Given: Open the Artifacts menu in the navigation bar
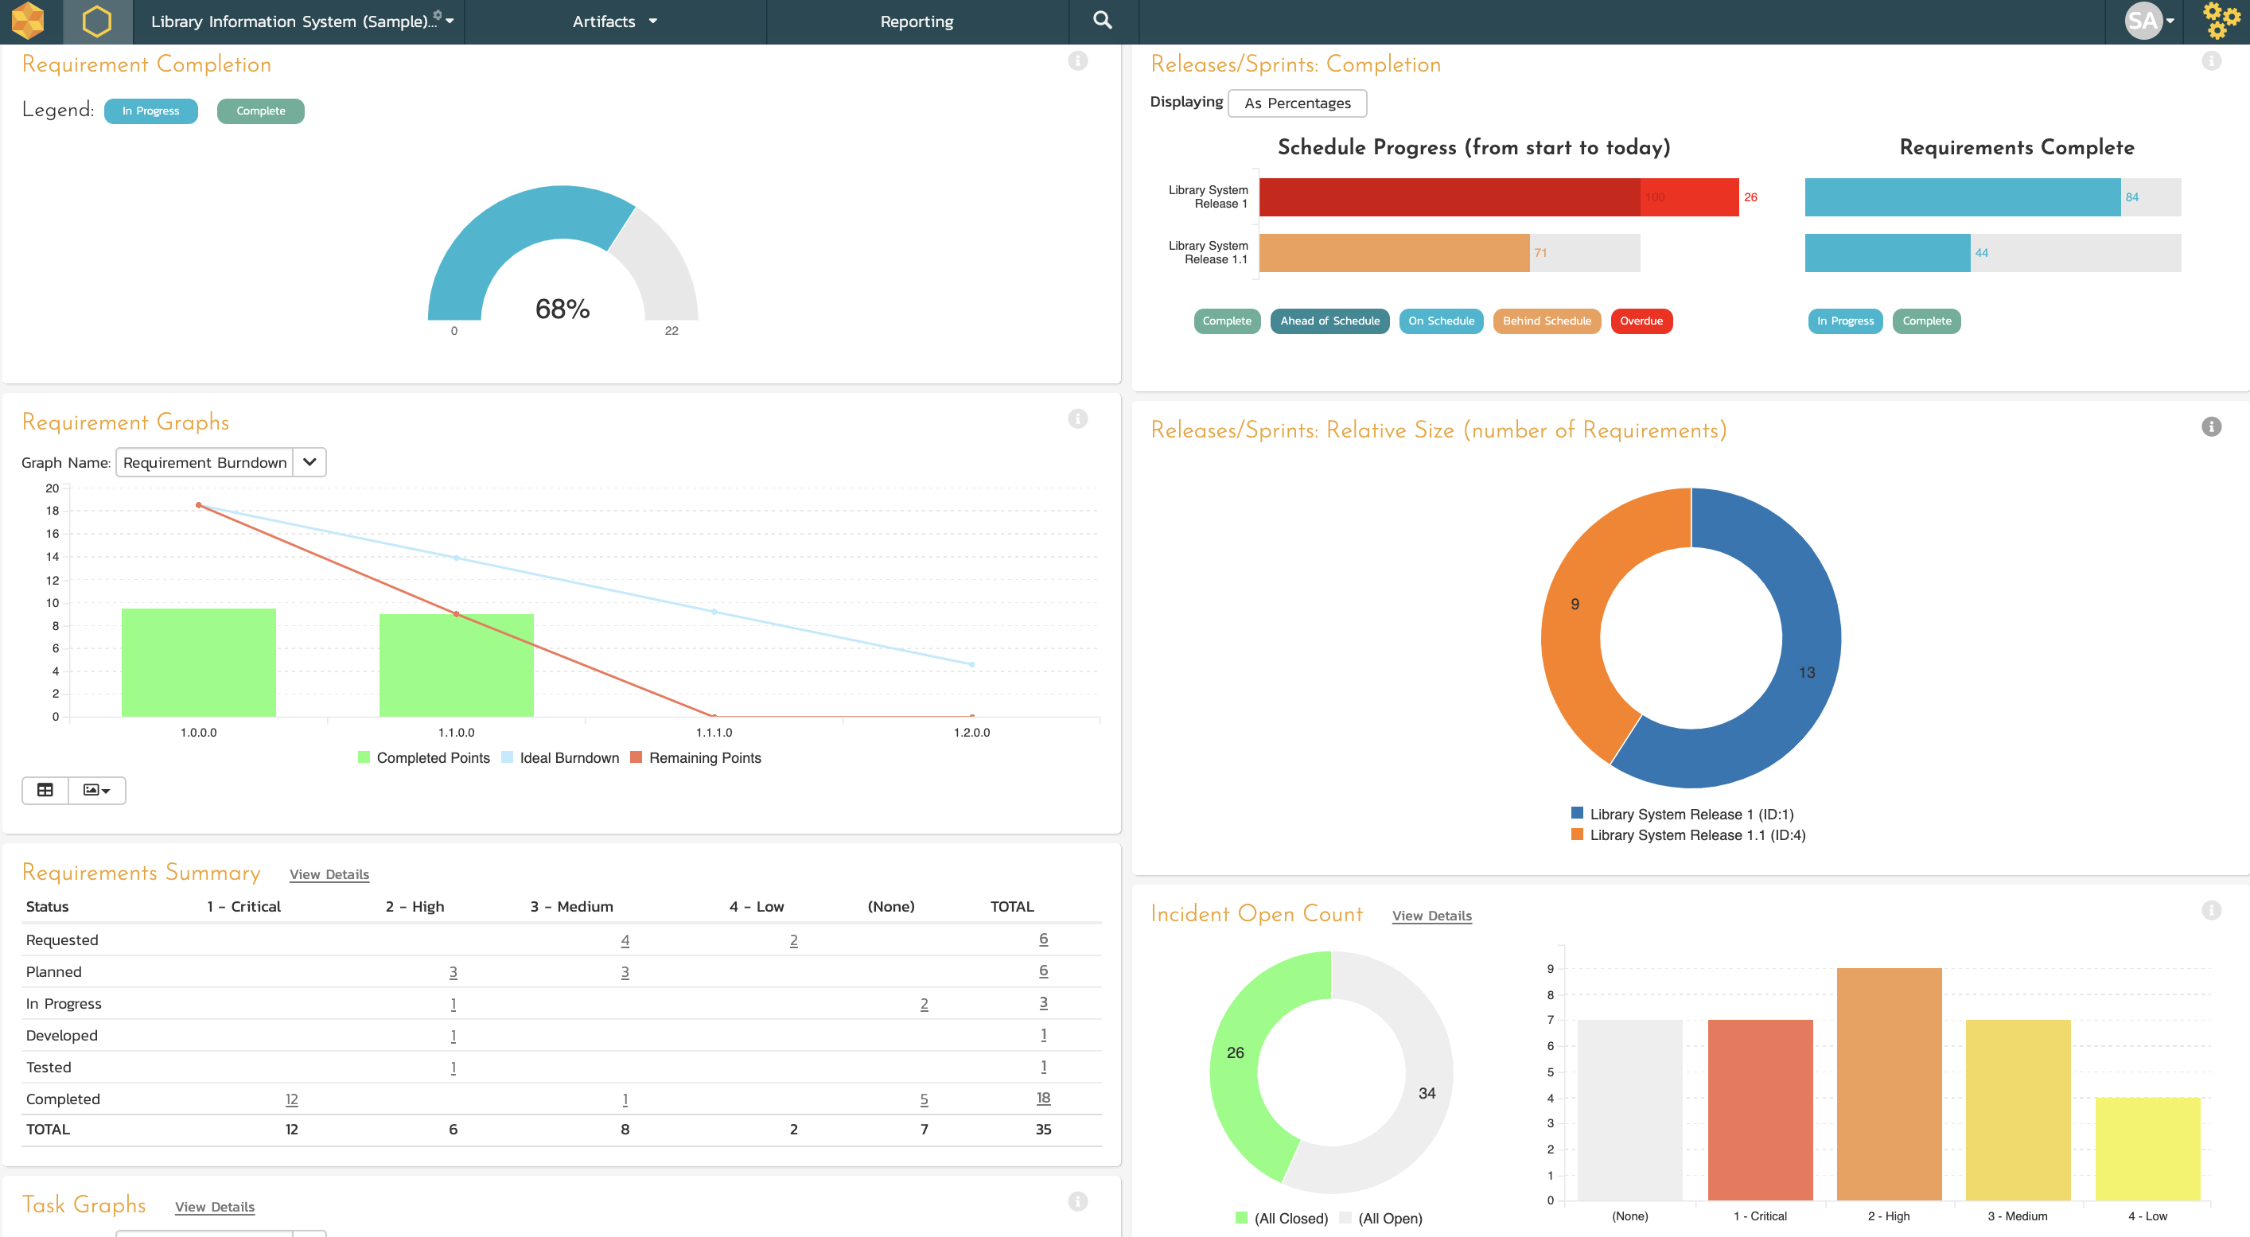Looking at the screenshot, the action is (615, 21).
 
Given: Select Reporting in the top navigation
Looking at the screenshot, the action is (917, 21).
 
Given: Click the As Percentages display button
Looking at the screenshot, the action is (1297, 103).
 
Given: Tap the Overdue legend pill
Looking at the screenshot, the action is (1641, 321).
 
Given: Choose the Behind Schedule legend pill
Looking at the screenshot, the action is (1547, 321).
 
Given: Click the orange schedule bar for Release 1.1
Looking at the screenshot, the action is (1394, 252).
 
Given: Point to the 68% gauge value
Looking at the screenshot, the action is (562, 309).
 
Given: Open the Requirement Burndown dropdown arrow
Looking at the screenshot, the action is (309, 462).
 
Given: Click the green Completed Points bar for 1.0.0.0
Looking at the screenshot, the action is (198, 662).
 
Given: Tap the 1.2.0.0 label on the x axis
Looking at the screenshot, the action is (971, 732).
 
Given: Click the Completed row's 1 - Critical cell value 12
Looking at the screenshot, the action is (292, 1099).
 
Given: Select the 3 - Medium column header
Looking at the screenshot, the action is (571, 906).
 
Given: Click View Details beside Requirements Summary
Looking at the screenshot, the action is (329, 874).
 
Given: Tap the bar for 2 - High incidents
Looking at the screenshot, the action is (1889, 1084).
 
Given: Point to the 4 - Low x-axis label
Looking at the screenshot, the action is (2147, 1216).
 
